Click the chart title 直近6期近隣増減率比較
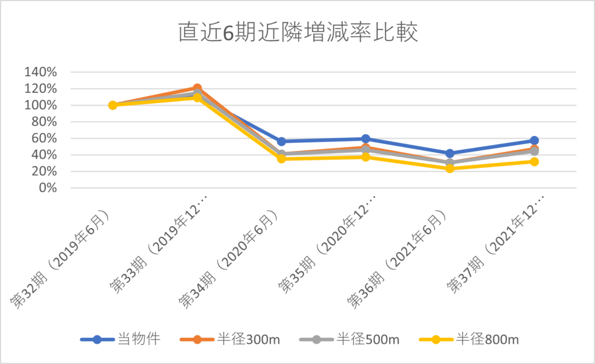[x=297, y=33]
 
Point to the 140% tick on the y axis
[x=41, y=73]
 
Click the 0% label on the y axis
[x=48, y=188]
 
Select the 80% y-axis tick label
[x=44, y=122]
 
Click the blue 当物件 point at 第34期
[x=281, y=142]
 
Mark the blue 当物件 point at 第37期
[x=534, y=140]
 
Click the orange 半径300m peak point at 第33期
[x=197, y=88]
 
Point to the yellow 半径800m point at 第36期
[x=450, y=168]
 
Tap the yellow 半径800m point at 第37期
[x=534, y=161]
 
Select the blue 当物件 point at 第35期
[x=365, y=139]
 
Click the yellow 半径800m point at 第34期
[x=281, y=158]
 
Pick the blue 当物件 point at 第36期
[x=450, y=154]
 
